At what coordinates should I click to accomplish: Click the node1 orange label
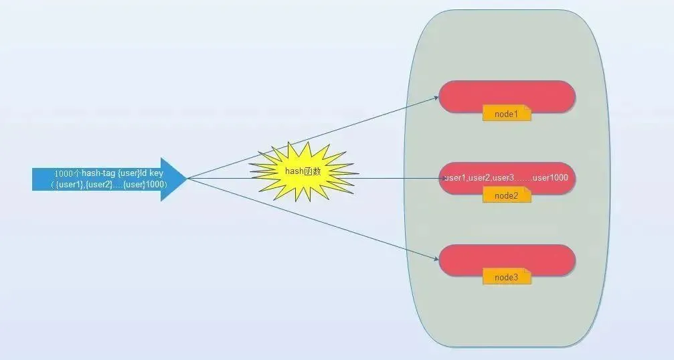(x=507, y=114)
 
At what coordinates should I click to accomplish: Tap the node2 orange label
(x=507, y=195)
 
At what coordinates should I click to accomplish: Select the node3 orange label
(x=507, y=277)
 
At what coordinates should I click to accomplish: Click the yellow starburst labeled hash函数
(x=303, y=171)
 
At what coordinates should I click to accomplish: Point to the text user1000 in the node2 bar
(x=550, y=178)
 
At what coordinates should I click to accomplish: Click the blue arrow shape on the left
(x=107, y=179)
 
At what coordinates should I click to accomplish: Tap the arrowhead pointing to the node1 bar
(x=435, y=99)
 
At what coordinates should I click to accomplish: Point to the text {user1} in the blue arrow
(x=70, y=184)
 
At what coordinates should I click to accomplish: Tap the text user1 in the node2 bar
(x=455, y=178)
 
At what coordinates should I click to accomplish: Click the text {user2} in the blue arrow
(x=100, y=184)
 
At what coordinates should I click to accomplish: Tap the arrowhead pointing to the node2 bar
(x=436, y=179)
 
